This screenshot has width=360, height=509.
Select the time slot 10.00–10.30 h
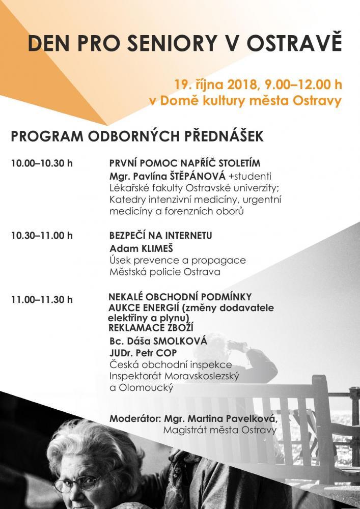tap(42, 164)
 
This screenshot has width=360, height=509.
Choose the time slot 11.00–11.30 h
tap(42, 299)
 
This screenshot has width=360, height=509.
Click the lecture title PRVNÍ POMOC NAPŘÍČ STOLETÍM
tap(185, 163)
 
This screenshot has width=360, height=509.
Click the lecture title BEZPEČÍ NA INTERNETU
tap(160, 236)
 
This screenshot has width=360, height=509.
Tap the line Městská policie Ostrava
tap(165, 272)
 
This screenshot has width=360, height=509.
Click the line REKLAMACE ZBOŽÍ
tap(151, 327)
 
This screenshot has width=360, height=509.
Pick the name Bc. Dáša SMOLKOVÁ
tap(158, 341)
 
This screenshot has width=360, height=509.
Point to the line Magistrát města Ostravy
tap(220, 431)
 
